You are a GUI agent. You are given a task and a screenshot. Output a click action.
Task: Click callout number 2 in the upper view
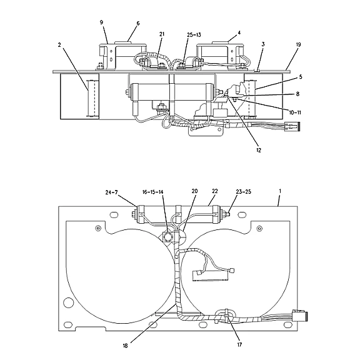click(59, 45)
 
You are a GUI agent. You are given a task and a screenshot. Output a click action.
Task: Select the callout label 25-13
click(194, 34)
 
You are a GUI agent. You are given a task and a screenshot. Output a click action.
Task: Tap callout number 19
click(298, 44)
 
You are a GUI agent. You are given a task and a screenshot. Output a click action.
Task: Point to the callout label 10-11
click(295, 112)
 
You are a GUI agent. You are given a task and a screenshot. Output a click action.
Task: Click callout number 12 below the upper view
click(259, 150)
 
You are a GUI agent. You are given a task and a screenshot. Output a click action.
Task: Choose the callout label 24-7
click(111, 192)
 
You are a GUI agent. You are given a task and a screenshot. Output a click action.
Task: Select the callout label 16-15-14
click(152, 192)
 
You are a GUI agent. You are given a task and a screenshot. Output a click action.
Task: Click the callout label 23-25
click(243, 191)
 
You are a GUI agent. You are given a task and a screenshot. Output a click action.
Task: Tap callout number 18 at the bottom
click(125, 346)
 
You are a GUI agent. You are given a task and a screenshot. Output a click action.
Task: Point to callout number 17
click(239, 344)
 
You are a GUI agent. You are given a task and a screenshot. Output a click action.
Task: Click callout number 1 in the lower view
click(280, 191)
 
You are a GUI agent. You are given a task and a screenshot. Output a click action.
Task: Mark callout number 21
click(162, 34)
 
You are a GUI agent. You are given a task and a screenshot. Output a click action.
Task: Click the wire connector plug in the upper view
click(292, 126)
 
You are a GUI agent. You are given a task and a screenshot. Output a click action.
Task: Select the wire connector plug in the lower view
click(300, 316)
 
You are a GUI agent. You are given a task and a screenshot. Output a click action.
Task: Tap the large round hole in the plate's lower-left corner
click(68, 302)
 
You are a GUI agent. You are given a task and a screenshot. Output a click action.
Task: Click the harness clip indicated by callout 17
click(226, 315)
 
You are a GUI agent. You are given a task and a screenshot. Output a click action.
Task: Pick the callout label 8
click(297, 94)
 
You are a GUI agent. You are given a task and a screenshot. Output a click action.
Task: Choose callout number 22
click(214, 191)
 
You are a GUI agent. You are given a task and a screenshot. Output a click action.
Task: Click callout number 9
click(101, 22)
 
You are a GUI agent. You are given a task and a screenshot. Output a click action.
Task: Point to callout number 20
click(194, 191)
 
